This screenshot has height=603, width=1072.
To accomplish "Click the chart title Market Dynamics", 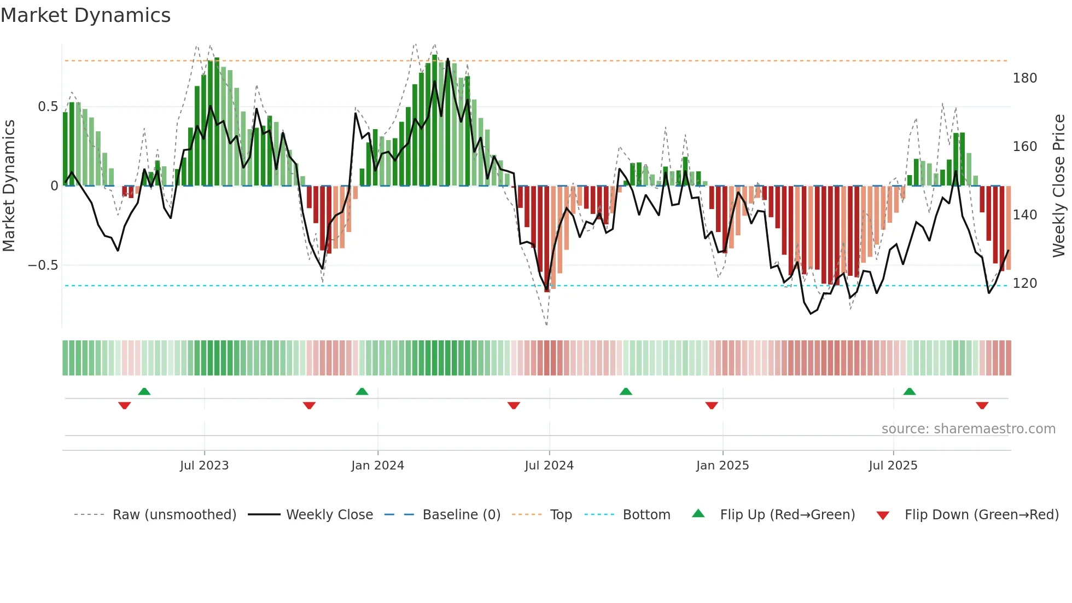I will pos(85,15).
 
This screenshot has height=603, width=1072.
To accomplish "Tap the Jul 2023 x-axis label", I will pos(204,466).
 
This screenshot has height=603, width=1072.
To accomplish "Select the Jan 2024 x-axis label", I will pos(377,466).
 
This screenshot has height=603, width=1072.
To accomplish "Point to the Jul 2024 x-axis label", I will pos(549,466).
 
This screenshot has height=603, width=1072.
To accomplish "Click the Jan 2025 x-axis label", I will pos(723,466).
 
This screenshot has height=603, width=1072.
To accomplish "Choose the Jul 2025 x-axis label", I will pos(893,466).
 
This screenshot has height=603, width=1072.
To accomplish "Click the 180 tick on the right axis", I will pos(1024,78).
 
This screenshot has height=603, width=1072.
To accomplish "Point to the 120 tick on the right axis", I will pos(1024,283).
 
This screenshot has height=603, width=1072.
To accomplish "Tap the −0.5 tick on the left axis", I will pos(43,265).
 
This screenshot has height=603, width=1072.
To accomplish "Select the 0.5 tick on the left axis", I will pos(48,107).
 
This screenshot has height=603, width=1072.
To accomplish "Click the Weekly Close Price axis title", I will pos(1059,186).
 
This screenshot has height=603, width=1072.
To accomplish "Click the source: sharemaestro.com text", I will pos(968,429).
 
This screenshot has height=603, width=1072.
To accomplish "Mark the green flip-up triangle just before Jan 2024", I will pos(362,391).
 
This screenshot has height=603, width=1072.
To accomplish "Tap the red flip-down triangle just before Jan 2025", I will pos(711,405).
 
